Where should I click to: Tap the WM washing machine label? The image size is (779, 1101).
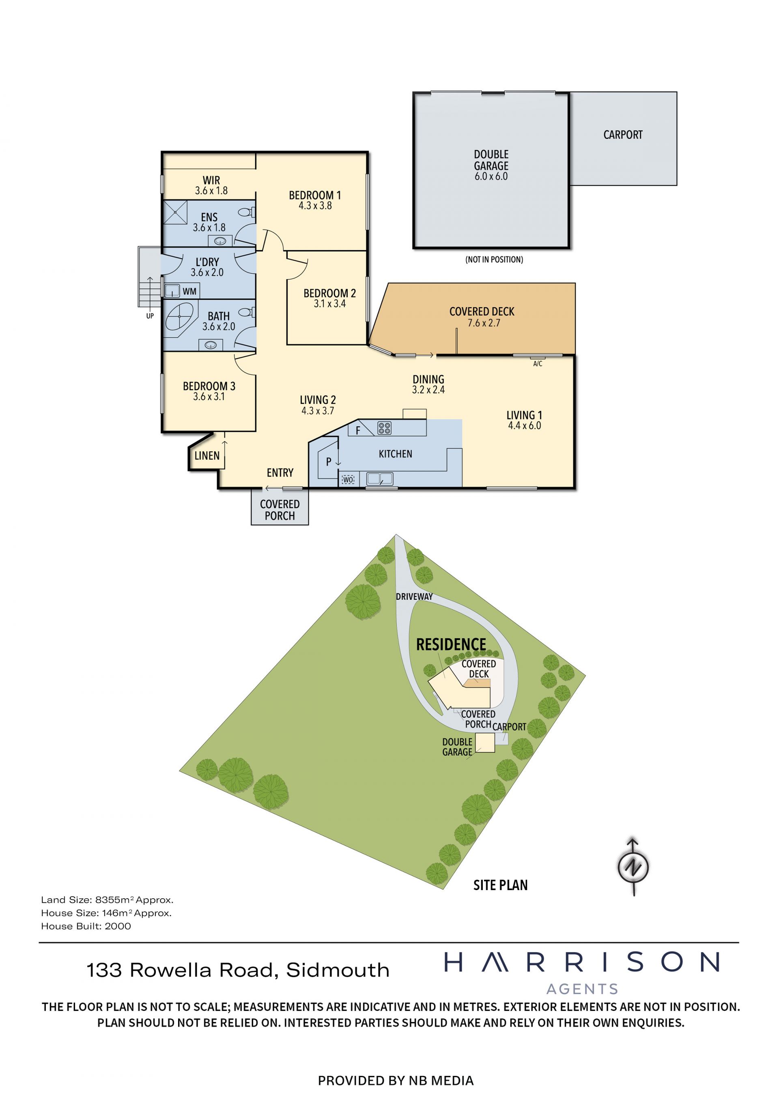189,291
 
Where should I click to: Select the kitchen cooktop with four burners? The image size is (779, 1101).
384,428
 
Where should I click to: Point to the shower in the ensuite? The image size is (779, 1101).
175,212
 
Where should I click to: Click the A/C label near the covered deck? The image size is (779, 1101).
538,364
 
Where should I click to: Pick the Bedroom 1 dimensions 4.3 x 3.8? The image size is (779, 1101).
315,206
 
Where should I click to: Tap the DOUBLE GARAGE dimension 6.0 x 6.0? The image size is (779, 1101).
491,176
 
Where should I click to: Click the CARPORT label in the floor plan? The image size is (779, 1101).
623,135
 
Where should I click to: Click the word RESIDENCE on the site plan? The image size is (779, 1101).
451,644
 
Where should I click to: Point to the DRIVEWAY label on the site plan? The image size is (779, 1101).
414,597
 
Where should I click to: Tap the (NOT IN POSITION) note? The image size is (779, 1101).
494,260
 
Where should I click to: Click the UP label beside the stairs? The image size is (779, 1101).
150,316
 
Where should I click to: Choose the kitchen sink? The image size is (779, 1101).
379,478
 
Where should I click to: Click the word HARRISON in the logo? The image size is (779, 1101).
582,962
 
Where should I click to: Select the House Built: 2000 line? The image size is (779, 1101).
86,926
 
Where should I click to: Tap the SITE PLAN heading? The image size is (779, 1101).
500,885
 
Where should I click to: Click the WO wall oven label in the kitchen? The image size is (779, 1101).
348,479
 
